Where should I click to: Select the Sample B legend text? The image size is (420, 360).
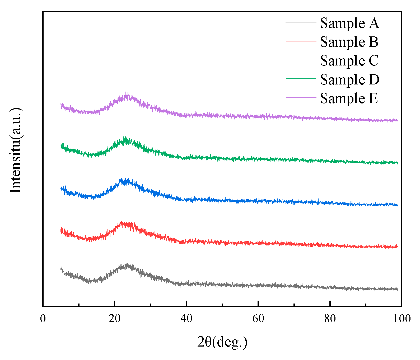349,42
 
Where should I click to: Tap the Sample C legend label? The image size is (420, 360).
349,60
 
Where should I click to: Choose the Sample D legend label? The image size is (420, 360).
349,79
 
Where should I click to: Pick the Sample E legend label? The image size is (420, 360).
349,98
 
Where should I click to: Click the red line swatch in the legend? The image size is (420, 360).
301,41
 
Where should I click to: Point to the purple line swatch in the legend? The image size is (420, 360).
301,97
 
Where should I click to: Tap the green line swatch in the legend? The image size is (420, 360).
301,79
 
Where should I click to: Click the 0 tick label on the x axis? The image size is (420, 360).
43,319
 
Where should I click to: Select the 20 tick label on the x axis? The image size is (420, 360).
114,319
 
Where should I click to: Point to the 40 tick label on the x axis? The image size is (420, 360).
186,319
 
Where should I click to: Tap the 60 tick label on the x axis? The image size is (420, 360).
258,319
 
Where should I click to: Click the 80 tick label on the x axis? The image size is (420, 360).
330,319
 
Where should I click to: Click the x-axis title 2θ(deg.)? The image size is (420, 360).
222,342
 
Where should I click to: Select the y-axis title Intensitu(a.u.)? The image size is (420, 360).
15,150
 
